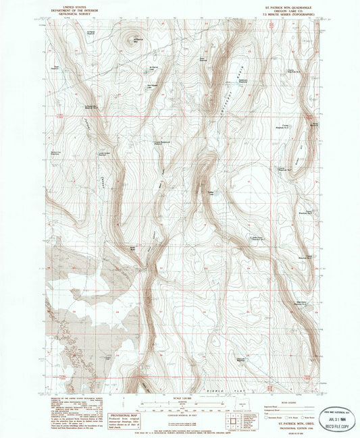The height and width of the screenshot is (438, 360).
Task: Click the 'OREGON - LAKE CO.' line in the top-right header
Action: [x=284, y=10]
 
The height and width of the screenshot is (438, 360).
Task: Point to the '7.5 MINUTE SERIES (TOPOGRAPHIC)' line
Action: [x=284, y=13]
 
